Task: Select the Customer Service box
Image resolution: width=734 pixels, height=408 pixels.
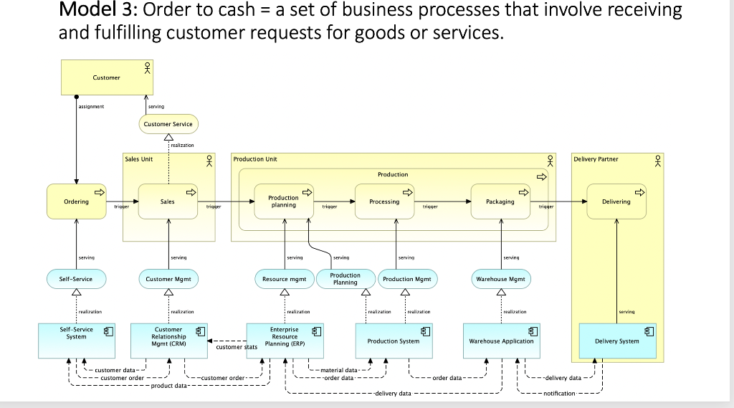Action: pyautogui.click(x=168, y=124)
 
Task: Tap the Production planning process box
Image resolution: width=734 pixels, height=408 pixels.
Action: pyautogui.click(x=284, y=201)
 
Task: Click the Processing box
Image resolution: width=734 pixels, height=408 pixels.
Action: pyautogui.click(x=385, y=201)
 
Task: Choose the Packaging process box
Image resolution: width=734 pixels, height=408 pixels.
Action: pyautogui.click(x=500, y=201)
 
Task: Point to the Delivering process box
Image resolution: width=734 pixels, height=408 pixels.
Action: pyautogui.click(x=616, y=201)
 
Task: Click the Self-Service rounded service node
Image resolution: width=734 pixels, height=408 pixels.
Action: pyautogui.click(x=76, y=278)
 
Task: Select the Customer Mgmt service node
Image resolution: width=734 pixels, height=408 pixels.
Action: pyautogui.click(x=168, y=278)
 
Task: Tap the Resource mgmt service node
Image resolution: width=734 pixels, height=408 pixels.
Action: pyautogui.click(x=284, y=278)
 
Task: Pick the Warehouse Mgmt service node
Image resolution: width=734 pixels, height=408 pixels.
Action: pyautogui.click(x=500, y=278)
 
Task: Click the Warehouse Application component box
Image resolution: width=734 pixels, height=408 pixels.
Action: pyautogui.click(x=501, y=341)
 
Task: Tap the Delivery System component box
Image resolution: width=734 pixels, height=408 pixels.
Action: pyautogui.click(x=617, y=341)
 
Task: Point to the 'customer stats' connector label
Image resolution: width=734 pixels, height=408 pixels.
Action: pyautogui.click(x=237, y=347)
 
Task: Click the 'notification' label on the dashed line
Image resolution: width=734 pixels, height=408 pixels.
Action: pyautogui.click(x=560, y=394)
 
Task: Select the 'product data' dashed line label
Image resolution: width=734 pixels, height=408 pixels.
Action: pyautogui.click(x=169, y=386)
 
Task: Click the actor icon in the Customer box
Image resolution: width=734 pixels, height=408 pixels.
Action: pyautogui.click(x=147, y=68)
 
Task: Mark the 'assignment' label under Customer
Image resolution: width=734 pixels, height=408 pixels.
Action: pyautogui.click(x=91, y=106)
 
